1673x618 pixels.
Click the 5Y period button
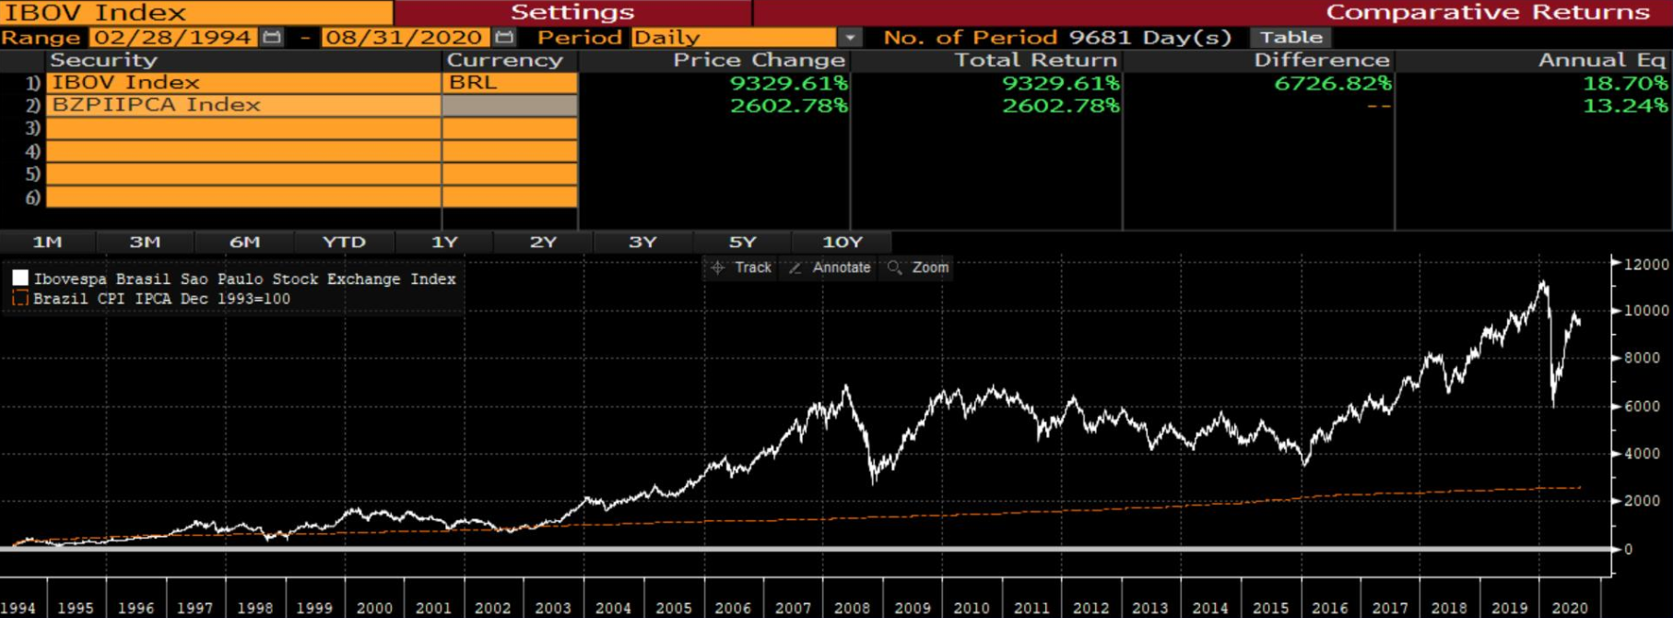(x=742, y=242)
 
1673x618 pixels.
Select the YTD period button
(x=344, y=242)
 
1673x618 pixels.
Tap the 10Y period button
(x=842, y=242)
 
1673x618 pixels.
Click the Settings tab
(x=572, y=12)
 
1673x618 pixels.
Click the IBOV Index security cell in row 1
(x=243, y=82)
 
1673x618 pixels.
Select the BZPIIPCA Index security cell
(x=243, y=105)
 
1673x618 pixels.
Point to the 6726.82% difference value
(x=1333, y=83)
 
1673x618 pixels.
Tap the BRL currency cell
(x=509, y=82)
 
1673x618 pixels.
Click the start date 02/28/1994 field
(x=173, y=38)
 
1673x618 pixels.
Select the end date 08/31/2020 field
(x=404, y=38)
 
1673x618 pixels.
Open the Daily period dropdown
(x=850, y=38)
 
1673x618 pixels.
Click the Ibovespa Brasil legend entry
(x=244, y=279)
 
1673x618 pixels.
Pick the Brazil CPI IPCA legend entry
(x=161, y=299)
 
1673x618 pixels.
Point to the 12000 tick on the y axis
(x=1645, y=265)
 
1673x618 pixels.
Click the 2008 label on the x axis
(x=852, y=608)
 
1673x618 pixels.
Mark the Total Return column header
(x=1034, y=60)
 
